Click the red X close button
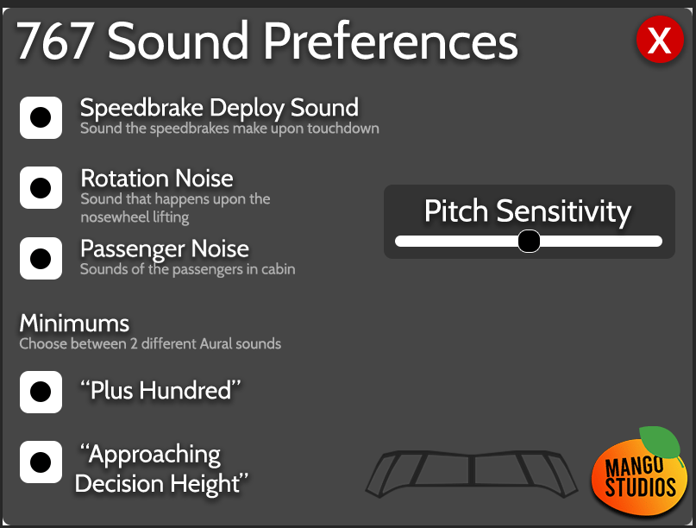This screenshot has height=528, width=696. [x=660, y=40]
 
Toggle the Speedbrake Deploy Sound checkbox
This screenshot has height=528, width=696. [x=41, y=117]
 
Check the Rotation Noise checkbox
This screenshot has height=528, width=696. [x=41, y=188]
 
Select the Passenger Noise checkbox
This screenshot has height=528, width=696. [x=41, y=259]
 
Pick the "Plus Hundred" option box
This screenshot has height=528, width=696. [x=41, y=392]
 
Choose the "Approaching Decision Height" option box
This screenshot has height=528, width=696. [x=41, y=462]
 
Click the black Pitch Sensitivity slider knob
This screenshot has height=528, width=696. [x=529, y=241]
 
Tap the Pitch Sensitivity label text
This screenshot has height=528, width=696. [x=527, y=211]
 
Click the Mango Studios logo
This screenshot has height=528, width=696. [x=640, y=472]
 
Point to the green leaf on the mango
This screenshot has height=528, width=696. [x=660, y=441]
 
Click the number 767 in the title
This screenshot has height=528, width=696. [x=54, y=41]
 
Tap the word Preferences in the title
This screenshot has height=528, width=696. [x=391, y=41]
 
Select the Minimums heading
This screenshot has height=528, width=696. [x=74, y=324]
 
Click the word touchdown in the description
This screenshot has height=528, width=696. [x=343, y=129]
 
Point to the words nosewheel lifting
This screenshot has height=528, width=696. [x=135, y=217]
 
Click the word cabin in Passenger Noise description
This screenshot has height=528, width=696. [x=279, y=269]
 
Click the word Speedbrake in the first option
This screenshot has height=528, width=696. [x=141, y=108]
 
